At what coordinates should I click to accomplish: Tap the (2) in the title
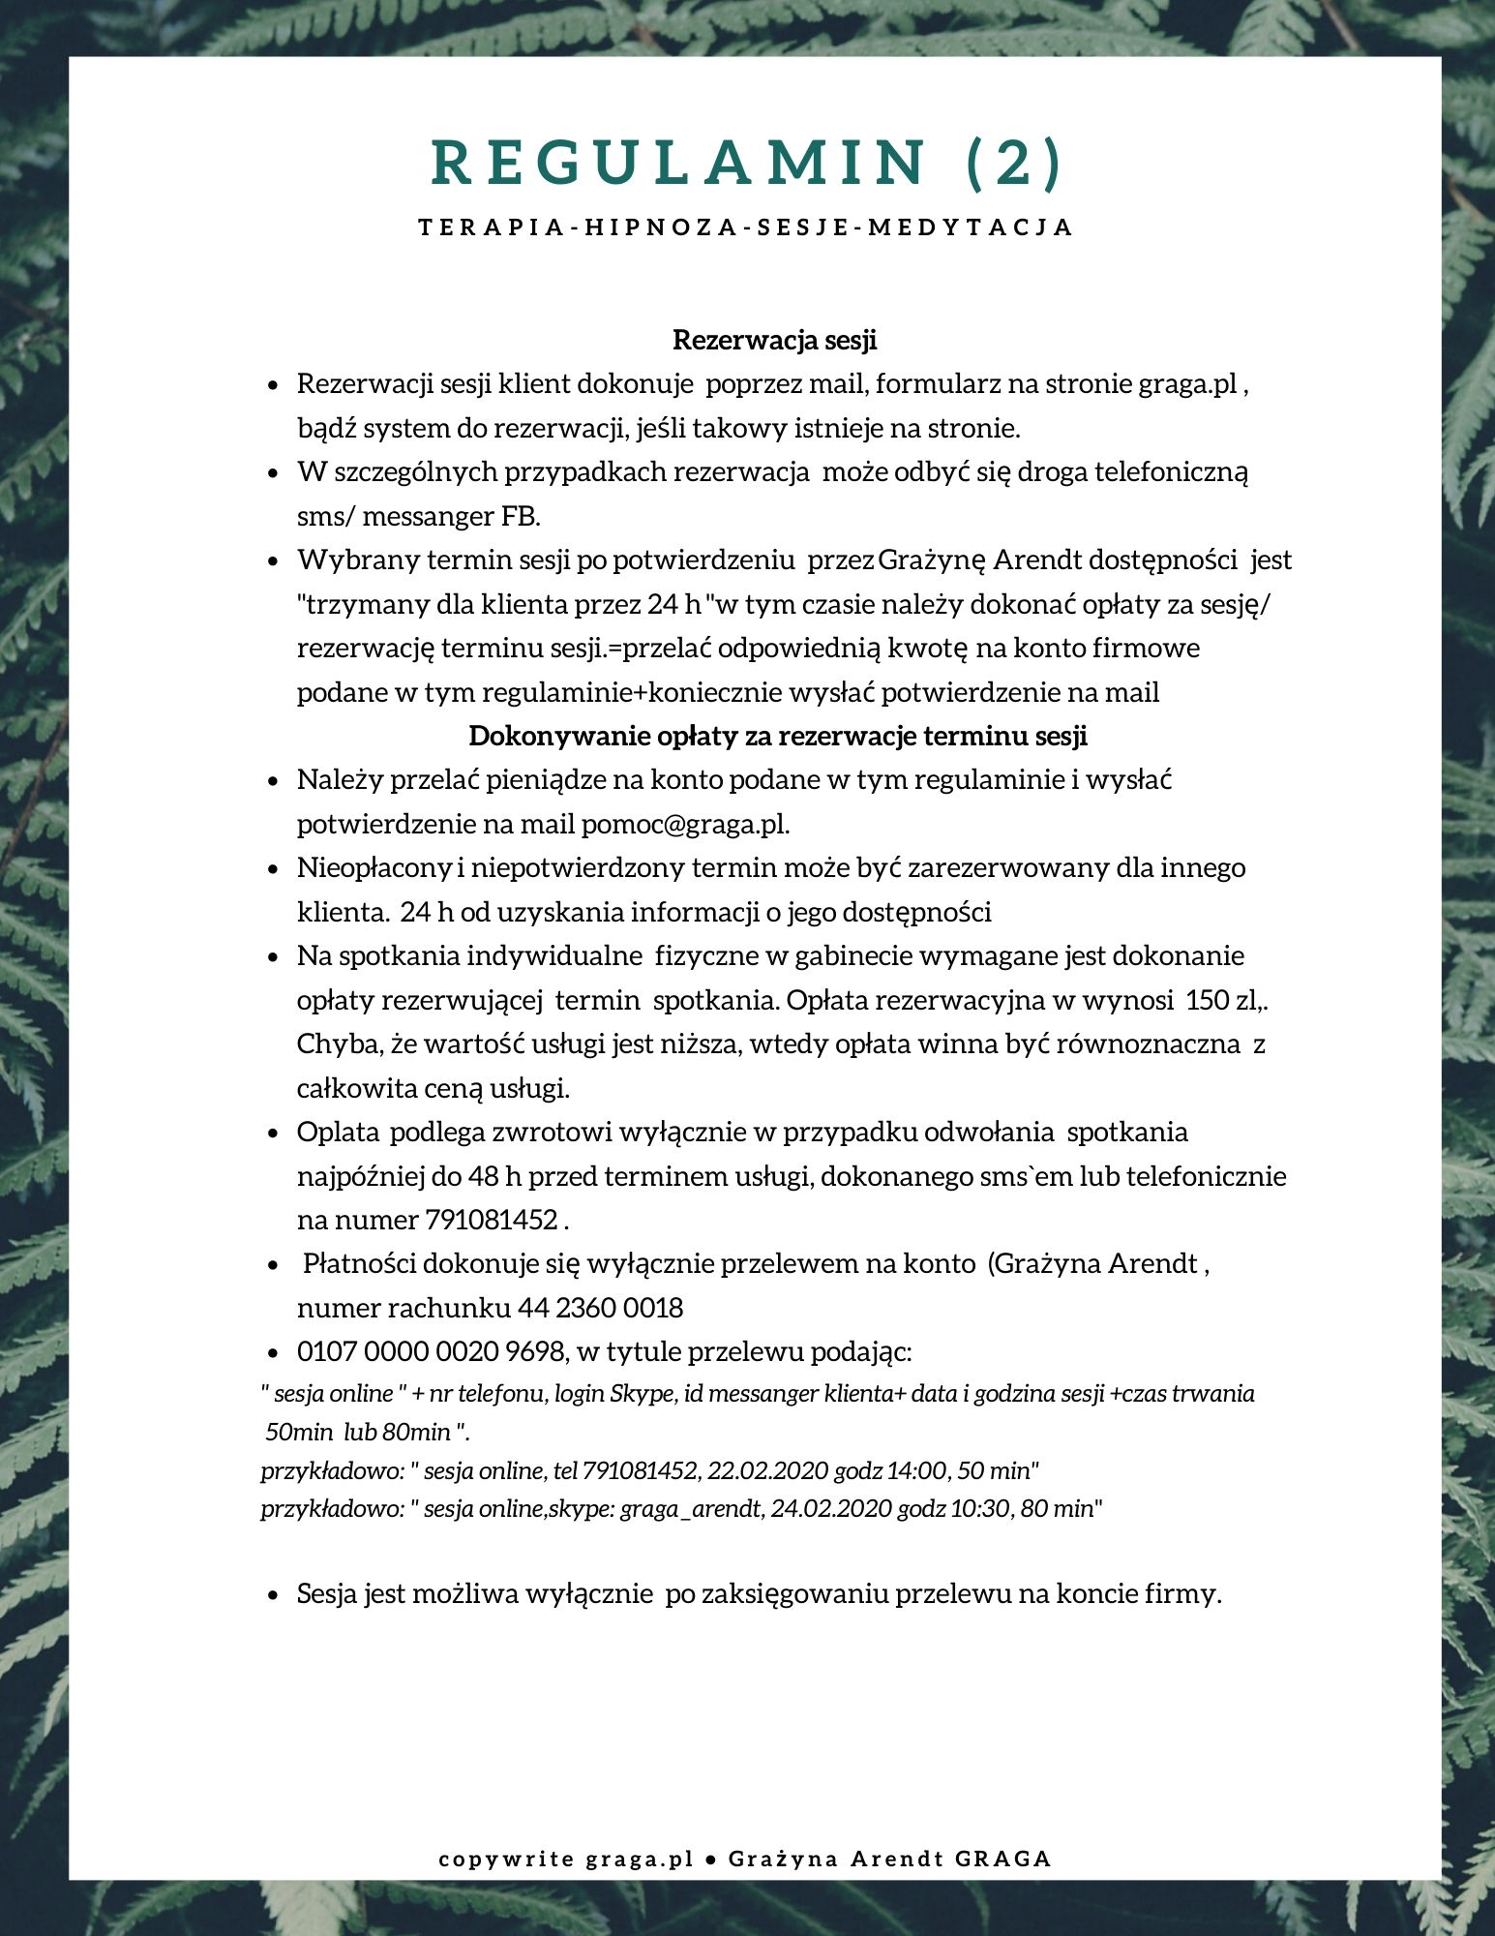click(1015, 162)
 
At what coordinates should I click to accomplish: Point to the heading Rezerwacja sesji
click(774, 341)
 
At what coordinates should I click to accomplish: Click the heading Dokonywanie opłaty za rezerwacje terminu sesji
click(778, 736)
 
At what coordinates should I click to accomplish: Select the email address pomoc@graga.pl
click(684, 825)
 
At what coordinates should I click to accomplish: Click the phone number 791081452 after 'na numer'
click(492, 1220)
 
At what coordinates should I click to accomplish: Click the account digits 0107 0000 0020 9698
click(431, 1351)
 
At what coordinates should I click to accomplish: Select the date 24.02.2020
click(831, 1508)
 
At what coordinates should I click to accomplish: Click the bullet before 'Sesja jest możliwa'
click(275, 1595)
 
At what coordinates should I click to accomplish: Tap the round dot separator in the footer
click(710, 1860)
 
